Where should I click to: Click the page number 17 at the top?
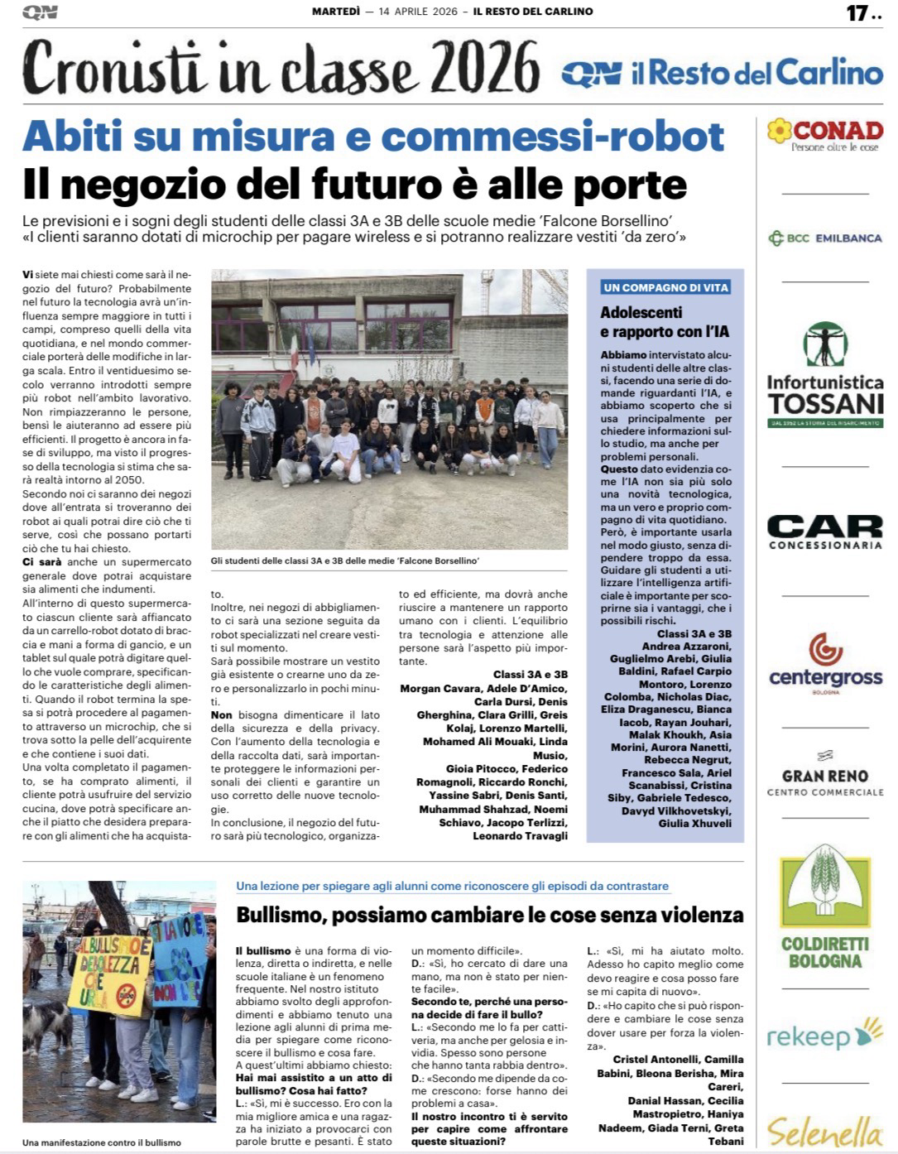[857, 12]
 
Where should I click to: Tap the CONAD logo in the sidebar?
[824, 134]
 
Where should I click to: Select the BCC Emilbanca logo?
[824, 238]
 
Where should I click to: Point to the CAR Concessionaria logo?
[824, 531]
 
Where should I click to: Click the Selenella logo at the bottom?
[824, 1131]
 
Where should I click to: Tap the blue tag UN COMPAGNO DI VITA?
[665, 287]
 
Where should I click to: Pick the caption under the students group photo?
[345, 561]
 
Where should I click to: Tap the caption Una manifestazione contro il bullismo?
[101, 1142]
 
